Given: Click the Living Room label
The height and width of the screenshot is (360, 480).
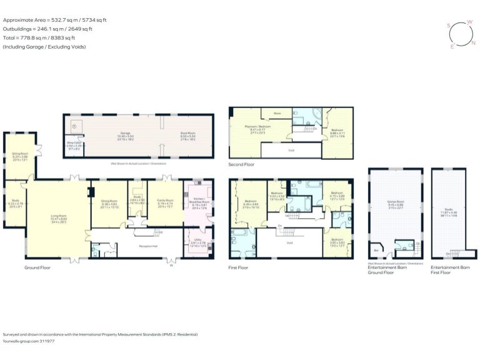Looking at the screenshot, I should (59, 202).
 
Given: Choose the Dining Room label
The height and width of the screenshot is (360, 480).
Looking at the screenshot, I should (109, 201).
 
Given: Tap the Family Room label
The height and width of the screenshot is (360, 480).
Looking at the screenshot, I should (165, 201).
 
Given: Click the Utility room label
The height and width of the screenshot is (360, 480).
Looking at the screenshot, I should (197, 244).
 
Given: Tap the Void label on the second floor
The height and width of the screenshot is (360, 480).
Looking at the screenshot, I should (291, 151).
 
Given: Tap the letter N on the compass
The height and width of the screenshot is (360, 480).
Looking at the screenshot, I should (473, 43).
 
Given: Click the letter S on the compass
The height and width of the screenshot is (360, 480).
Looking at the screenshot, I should (448, 25).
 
